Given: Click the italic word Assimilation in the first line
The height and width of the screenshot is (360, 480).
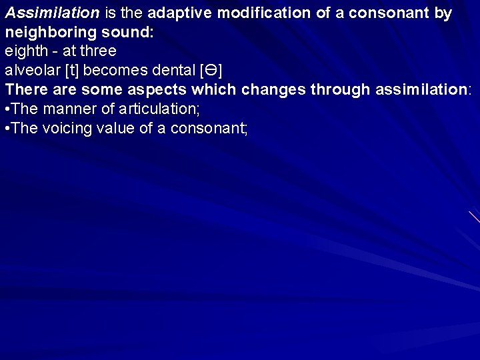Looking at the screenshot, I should tap(52, 13).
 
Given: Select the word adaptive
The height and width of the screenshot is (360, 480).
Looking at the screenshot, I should tap(179, 13).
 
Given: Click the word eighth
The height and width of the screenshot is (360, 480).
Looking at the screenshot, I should tap(26, 51).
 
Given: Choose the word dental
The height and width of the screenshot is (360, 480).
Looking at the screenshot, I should tap(174, 70).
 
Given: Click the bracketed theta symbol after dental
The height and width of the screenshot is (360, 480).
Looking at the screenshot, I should tap(211, 70).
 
